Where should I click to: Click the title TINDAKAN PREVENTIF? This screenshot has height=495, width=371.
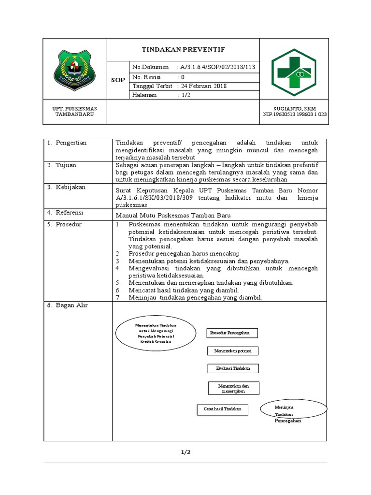183,50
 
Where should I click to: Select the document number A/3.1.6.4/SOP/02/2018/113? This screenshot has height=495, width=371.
216,67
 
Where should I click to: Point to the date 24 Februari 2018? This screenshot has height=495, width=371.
200,86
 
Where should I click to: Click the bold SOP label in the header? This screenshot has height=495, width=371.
117,80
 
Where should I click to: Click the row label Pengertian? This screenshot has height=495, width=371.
71,143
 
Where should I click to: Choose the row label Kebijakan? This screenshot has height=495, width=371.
70,187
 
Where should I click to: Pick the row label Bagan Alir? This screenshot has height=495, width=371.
71,305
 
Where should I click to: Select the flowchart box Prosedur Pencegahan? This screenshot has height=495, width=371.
232,333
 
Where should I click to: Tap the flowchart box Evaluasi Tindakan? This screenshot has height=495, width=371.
233,368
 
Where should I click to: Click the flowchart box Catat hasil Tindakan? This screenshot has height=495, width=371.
222,409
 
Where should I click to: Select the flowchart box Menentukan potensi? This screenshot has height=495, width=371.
233,350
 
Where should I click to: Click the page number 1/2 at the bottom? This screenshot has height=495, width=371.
186,452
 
